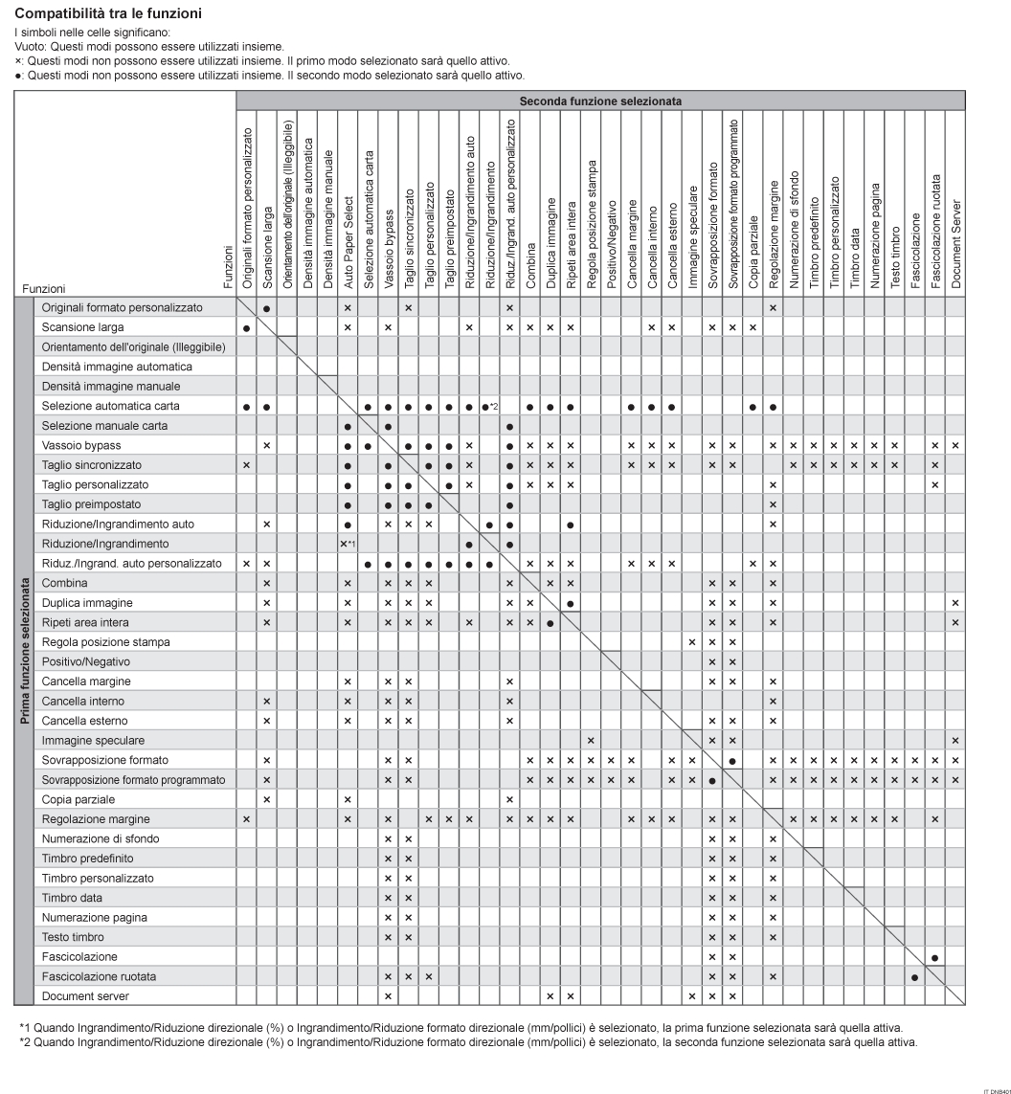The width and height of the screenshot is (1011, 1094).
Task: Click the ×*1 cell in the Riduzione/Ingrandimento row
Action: point(348,544)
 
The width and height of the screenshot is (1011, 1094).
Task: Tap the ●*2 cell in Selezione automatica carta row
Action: point(491,406)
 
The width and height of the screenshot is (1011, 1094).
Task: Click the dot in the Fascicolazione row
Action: point(934,956)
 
